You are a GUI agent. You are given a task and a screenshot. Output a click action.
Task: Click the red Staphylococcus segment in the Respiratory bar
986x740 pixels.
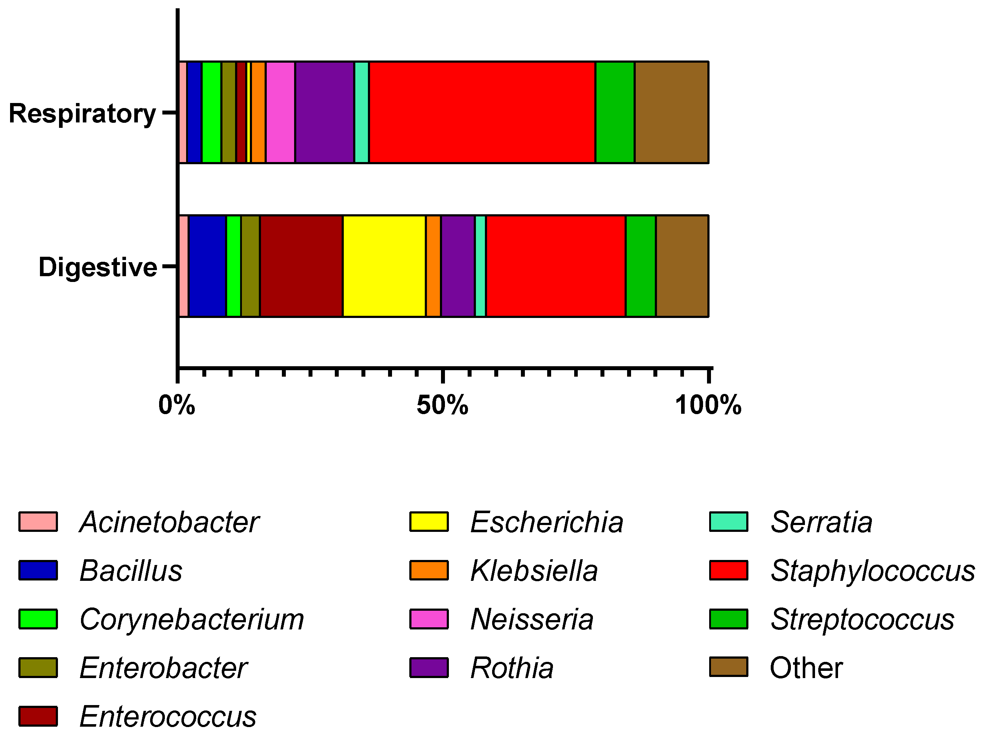point(482,112)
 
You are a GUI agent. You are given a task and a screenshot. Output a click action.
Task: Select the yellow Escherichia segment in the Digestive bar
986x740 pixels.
point(384,266)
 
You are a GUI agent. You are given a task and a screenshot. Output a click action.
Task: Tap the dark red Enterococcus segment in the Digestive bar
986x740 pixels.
point(301,266)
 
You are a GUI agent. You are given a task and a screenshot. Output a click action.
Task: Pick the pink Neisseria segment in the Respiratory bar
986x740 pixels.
point(280,112)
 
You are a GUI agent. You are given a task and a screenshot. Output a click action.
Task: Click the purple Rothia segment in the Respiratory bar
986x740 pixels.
point(324,112)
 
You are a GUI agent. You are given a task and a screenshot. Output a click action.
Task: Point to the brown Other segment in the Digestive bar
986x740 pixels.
point(682,266)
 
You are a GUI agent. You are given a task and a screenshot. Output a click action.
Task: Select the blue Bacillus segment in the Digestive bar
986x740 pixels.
point(208,266)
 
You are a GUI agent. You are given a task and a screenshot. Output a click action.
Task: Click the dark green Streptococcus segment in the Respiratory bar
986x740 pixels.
point(615,112)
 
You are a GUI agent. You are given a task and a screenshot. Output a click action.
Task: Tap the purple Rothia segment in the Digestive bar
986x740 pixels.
point(458,266)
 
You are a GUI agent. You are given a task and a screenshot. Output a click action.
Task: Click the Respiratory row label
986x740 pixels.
point(82,113)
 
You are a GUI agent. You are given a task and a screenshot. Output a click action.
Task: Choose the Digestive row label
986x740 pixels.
point(98,267)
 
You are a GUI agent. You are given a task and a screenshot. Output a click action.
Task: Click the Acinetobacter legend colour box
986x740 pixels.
point(38,521)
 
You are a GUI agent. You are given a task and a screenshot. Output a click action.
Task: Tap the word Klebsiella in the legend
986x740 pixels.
point(534,571)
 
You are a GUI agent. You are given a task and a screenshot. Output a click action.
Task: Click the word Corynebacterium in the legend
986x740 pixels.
point(192,619)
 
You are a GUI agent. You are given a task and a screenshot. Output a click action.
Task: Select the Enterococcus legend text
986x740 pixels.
point(168,716)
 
